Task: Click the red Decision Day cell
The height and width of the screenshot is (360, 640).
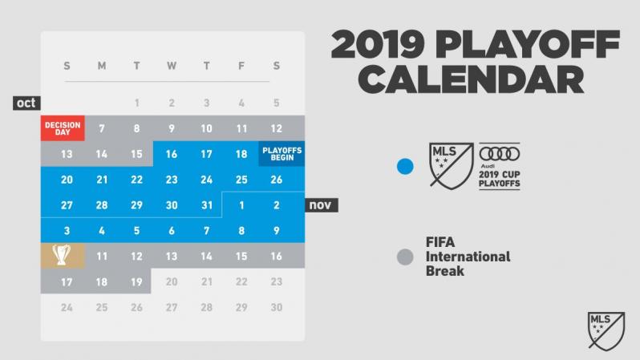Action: coord(63,128)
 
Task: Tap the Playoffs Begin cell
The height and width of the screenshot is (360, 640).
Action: coord(282,154)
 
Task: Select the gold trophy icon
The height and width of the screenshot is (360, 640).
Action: coord(63,256)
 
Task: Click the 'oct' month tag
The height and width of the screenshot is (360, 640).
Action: coord(26,103)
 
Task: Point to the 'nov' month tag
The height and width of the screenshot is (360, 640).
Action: coord(322,205)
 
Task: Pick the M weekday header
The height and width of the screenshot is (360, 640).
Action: coord(102,66)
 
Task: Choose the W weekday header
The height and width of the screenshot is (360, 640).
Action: coord(172,66)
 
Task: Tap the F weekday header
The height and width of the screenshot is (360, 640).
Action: coord(241,66)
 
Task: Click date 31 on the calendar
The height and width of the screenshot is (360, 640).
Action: coord(207,205)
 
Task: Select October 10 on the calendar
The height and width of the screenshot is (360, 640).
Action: coord(207,128)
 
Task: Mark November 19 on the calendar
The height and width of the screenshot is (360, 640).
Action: coord(136,281)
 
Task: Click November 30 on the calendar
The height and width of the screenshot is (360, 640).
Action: coord(277,307)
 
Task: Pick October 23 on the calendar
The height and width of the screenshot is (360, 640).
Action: coord(172,180)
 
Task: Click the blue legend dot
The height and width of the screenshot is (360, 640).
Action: coord(405,166)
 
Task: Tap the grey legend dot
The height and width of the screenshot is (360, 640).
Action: coord(405,257)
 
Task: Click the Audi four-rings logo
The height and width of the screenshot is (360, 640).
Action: coord(499,153)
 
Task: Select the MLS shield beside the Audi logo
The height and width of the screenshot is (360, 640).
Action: coord(452,165)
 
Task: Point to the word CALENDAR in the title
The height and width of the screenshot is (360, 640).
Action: coord(471,79)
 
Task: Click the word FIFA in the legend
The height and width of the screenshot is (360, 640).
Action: coord(440,242)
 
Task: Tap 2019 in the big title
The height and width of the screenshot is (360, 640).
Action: coord(378,44)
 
